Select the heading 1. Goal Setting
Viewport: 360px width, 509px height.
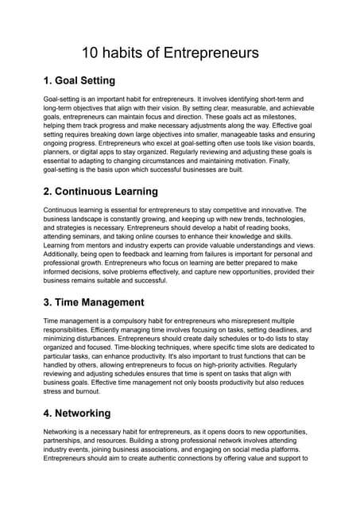click(x=79, y=80)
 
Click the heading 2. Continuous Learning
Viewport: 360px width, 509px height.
click(x=100, y=191)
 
